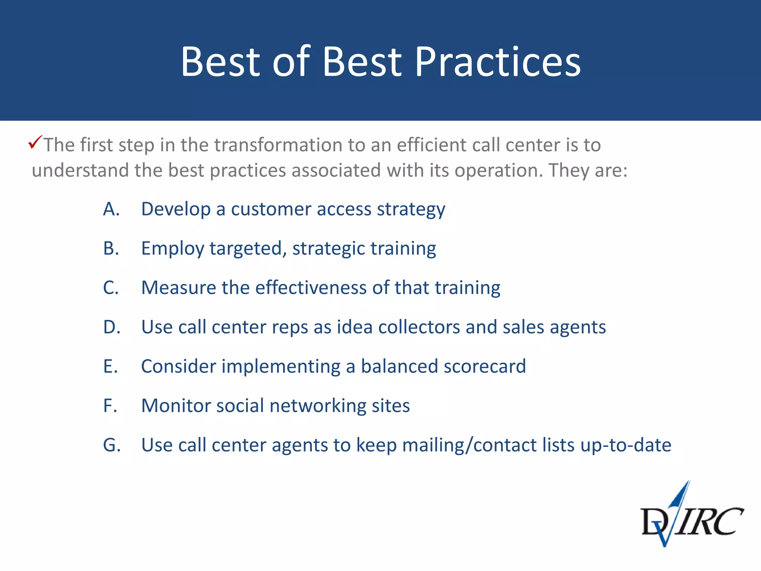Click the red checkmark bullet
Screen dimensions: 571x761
click(x=35, y=142)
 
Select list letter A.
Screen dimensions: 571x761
click(x=111, y=209)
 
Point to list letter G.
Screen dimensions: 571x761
click(x=112, y=445)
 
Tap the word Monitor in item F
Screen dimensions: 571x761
click(x=176, y=406)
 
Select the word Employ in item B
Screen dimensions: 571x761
click(x=172, y=249)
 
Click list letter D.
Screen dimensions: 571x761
click(x=111, y=327)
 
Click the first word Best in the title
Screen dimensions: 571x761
click(x=220, y=62)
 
